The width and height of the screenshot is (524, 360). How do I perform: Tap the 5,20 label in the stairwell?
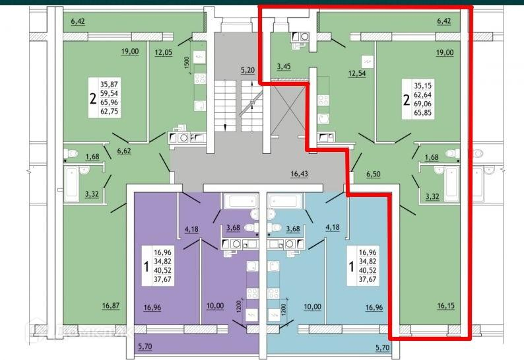coord(247,69)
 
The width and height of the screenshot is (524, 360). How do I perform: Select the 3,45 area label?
coord(284,66)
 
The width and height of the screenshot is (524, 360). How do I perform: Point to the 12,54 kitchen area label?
coord(357,73)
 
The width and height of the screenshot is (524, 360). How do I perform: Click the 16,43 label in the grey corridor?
coord(300,175)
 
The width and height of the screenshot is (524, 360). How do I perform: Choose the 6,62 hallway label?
coord(125,151)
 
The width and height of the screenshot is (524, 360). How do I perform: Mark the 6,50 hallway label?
coord(374,174)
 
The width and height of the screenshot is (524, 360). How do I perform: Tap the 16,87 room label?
coord(112,305)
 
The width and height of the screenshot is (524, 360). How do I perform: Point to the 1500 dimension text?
coord(187,63)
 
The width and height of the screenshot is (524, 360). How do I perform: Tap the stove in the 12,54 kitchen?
coord(323,100)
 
